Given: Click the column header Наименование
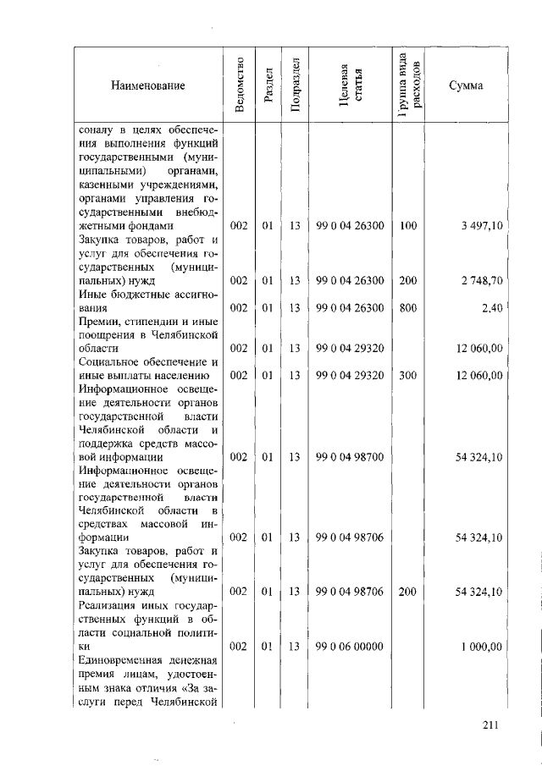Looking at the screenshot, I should tap(147, 85).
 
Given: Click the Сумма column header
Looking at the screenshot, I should tap(466, 85).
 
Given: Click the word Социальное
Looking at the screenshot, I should tap(108, 361).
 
